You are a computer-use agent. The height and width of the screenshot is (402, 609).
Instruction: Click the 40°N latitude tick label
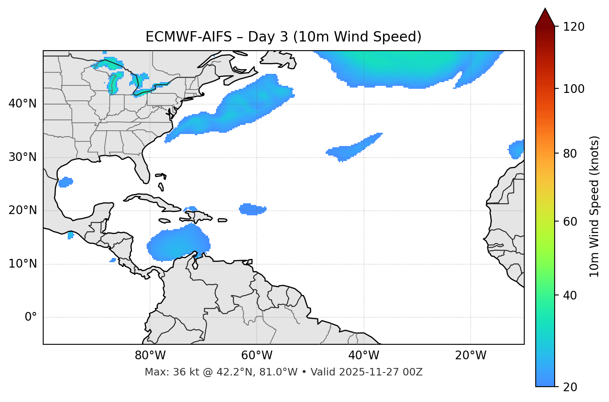22,104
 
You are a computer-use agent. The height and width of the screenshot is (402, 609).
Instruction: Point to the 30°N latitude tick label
22,157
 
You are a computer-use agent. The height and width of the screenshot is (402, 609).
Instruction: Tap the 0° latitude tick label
30,317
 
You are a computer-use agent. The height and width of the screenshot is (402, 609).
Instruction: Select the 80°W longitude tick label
150,356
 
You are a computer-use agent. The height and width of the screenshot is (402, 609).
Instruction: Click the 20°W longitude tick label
470,356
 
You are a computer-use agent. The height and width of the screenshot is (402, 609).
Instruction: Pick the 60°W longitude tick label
257,356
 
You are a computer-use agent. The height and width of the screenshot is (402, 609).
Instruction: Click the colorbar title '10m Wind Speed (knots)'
594,206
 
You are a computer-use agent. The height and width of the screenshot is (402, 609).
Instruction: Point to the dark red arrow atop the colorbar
545,18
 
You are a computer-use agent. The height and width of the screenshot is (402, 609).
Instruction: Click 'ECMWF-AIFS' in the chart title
188,37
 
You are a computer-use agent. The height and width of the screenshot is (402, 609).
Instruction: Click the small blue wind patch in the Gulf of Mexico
66,182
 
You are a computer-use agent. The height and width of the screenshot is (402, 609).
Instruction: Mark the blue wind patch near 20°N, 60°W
252,209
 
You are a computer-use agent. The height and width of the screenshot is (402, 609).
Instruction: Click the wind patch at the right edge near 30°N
517,149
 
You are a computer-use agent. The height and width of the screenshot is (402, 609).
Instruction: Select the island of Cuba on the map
154,201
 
